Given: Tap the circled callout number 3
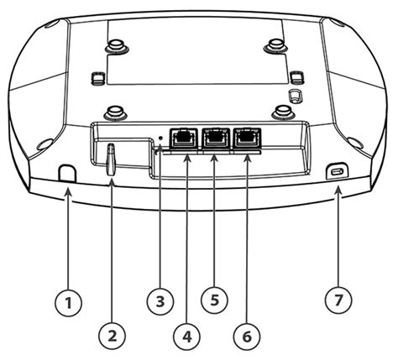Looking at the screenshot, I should pyautogui.click(x=159, y=300).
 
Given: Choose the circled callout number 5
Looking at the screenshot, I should pyautogui.click(x=215, y=300).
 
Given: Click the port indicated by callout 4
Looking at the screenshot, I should pyautogui.click(x=184, y=136).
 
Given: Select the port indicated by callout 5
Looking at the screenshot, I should pyautogui.click(x=215, y=136).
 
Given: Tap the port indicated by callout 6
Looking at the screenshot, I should pyautogui.click(x=246, y=136).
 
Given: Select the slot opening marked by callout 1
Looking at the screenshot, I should pyautogui.click(x=67, y=170).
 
